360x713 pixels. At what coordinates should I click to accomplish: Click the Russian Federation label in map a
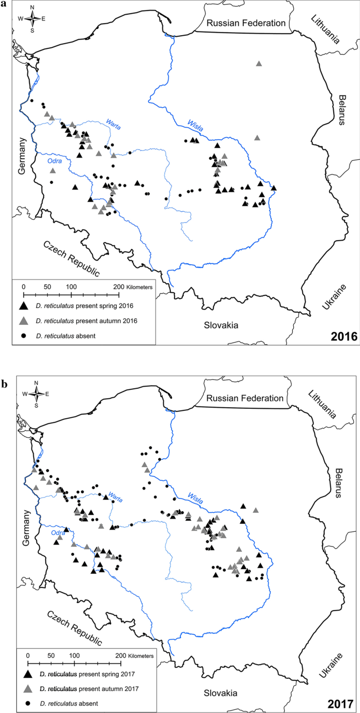245,23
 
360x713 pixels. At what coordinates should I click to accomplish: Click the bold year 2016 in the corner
342,336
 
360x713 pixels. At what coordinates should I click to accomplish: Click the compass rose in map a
32,18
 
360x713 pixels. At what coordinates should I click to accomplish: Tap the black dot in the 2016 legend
24,335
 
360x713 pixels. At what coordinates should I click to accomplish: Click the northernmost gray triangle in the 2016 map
259,64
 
